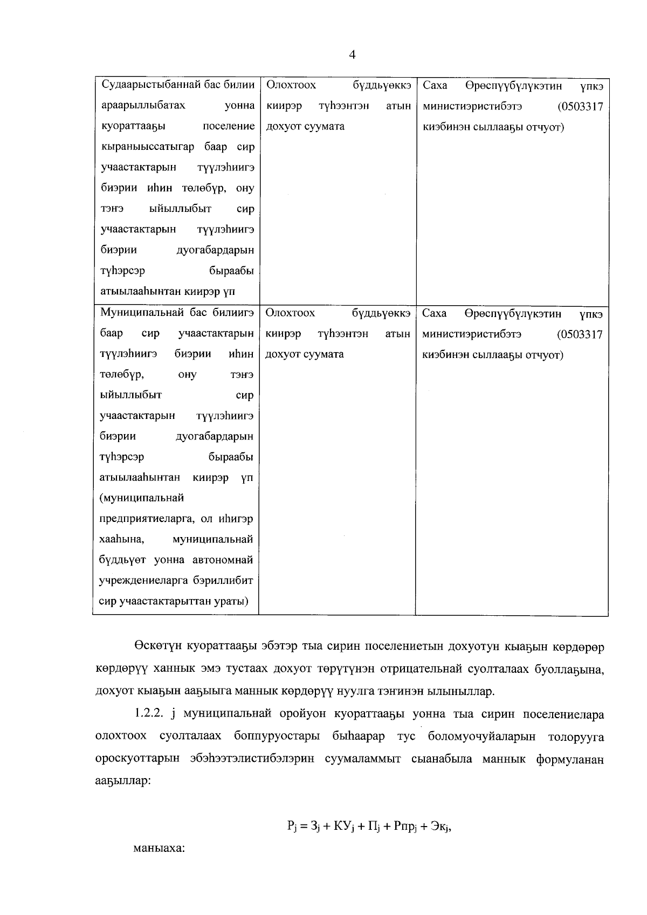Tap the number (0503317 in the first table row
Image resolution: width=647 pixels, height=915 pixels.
tap(581, 106)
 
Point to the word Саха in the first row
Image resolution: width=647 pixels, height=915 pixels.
tap(435, 85)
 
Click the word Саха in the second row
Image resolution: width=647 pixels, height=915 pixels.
tap(435, 313)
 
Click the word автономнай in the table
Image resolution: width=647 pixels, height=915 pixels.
tap(223, 560)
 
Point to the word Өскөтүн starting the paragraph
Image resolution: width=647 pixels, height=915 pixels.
tap(157, 646)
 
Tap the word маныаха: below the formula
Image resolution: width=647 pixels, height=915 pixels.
tap(159, 848)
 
